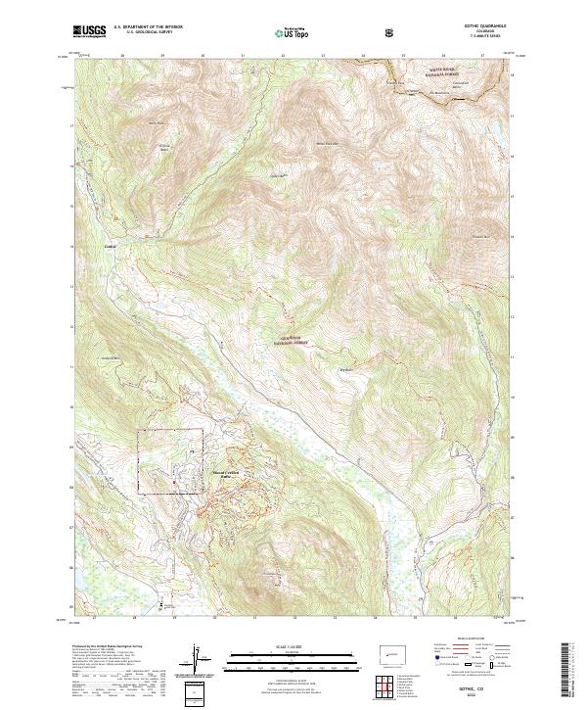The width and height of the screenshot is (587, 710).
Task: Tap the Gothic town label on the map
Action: [x=111, y=246]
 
